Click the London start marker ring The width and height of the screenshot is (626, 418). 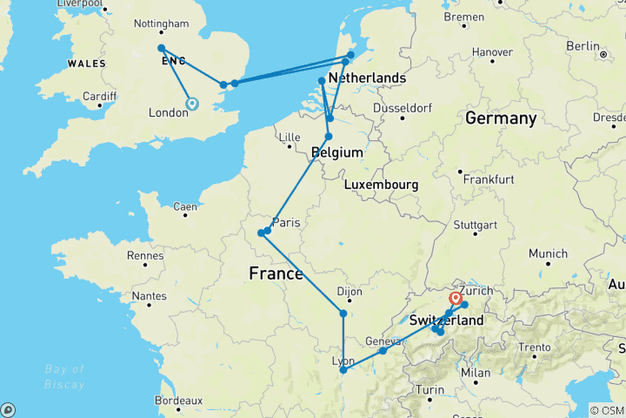[192, 104]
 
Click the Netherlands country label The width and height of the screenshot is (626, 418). [367, 78]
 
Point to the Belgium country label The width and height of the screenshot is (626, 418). [336, 152]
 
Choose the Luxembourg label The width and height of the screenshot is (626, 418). [381, 185]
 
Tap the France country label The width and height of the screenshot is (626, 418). [276, 273]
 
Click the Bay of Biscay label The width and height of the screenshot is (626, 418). [65, 377]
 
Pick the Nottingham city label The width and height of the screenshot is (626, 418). [162, 24]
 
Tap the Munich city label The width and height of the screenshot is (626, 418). [548, 253]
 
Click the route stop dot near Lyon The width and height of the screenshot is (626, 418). [343, 371]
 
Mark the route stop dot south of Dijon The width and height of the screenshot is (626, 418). [343, 313]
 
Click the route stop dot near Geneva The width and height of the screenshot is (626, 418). [383, 350]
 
